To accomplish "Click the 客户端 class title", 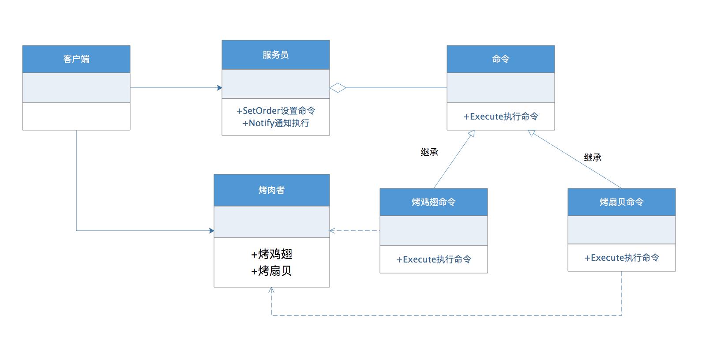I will (76, 59).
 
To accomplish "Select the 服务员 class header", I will (275, 55).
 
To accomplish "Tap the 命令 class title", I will (500, 59).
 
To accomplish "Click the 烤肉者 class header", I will (271, 190).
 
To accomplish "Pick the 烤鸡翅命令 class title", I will (433, 202).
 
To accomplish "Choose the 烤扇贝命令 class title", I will (621, 202).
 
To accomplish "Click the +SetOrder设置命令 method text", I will (276, 111).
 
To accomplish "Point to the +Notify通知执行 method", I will (276, 123).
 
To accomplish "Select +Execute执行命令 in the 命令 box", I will (500, 116).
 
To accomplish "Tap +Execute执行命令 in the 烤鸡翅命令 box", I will (433, 259).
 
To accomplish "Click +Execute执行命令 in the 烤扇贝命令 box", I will (621, 258).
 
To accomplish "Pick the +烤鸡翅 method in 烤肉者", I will (271, 254).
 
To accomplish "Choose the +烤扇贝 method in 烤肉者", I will (271, 271).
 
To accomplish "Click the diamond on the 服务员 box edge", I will (338, 88).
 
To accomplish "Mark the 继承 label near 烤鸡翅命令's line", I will (429, 152).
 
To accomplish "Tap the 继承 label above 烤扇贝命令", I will (592, 157).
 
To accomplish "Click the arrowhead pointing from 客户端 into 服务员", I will (219, 88).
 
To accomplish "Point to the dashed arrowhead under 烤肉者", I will (271, 290).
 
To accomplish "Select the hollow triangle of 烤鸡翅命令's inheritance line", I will (471, 133).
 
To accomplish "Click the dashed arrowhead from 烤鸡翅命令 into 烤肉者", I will (332, 230).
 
